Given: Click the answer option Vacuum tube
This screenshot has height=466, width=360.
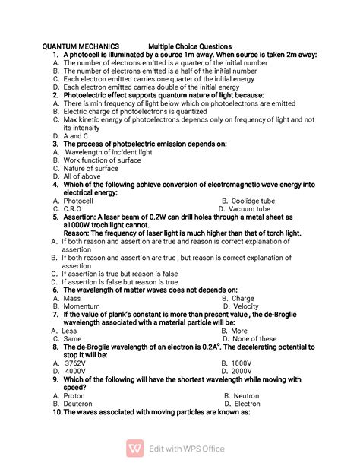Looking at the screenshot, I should click(x=249, y=208).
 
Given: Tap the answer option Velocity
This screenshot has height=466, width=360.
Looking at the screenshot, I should click(x=248, y=306).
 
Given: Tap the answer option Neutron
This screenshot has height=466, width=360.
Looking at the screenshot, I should click(x=248, y=396).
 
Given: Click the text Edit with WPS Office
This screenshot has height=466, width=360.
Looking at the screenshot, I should click(x=187, y=449).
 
